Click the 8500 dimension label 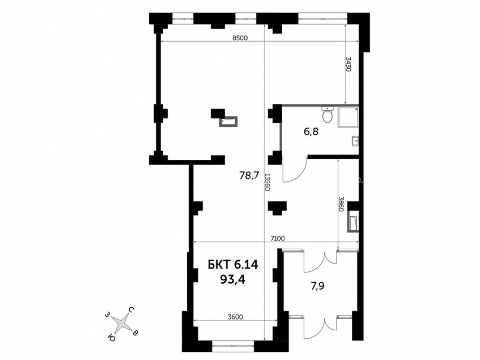click(240, 38)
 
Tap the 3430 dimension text click(348, 64)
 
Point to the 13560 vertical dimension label click(267, 182)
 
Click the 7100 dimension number click(277, 238)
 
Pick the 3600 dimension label click(235, 317)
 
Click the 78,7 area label click(249, 176)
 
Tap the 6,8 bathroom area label click(311, 132)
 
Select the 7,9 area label click(317, 286)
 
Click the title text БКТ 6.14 click(233, 264)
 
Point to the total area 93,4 click(233, 279)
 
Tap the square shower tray click(348, 117)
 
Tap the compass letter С click(131, 310)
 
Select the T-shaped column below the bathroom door click(277, 208)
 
